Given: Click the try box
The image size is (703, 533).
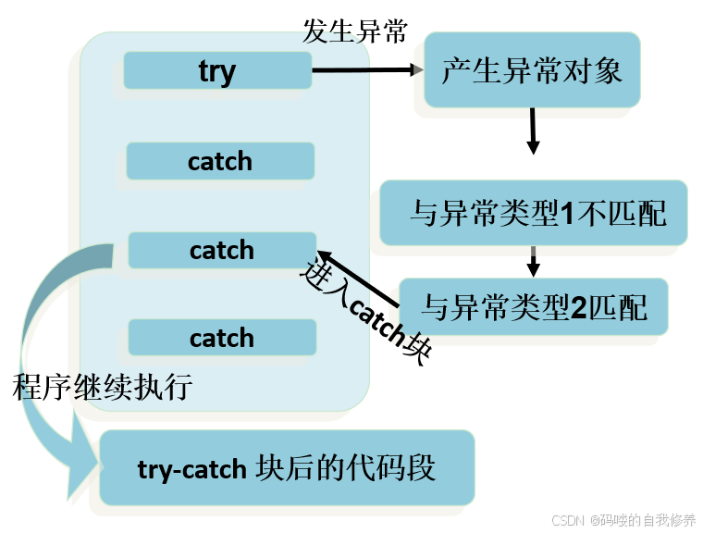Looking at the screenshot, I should coord(217,70).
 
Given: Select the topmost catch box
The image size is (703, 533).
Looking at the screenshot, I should coord(220,161).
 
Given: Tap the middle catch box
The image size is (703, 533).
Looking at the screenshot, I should coord(222,250).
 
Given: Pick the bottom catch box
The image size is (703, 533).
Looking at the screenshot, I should coord(222,338).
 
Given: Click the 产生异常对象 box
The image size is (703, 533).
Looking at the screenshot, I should coord(532,70).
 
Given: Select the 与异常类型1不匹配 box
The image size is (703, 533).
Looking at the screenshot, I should coord(534,214).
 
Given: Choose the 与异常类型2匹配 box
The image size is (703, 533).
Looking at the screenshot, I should coord(534,306).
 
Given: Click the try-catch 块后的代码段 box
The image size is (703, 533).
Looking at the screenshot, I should coord(286,467).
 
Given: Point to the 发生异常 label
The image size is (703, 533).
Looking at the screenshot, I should coord(355,31).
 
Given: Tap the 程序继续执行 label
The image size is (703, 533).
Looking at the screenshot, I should coord(102,387).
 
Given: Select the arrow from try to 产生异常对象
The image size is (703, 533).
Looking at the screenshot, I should coord(366,69).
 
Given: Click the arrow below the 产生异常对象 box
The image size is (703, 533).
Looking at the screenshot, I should coord(532,130).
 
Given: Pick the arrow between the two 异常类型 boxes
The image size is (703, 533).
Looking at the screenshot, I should coord(533,261).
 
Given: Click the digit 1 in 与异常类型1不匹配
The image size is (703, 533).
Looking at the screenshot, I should coord(569,215).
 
